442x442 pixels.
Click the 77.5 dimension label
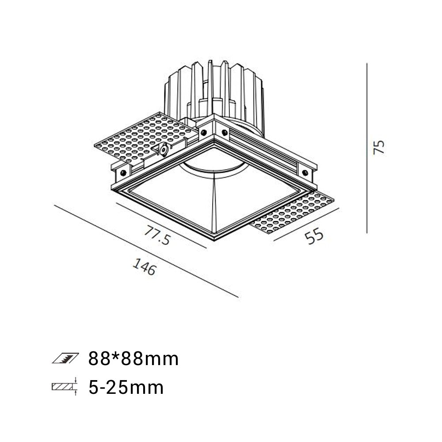coord(157,235)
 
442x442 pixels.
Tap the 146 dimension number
coord(144,267)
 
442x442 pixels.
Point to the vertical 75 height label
coord(379,147)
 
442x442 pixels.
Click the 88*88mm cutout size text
coord(133,359)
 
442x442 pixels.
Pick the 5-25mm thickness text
coord(126,387)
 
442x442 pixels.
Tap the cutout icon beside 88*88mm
coord(65,358)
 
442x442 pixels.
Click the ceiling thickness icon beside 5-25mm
coord(65,386)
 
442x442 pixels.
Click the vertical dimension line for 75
coord(367,148)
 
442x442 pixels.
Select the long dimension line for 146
coord(146,251)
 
